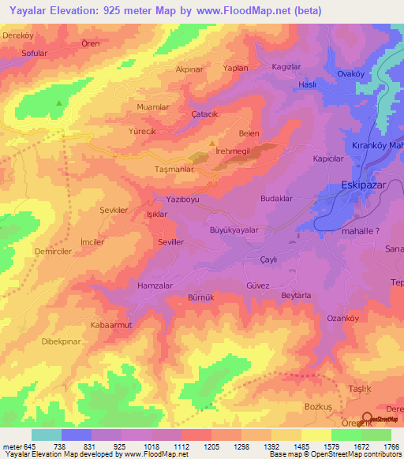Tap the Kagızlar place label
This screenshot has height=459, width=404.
click(x=286, y=67)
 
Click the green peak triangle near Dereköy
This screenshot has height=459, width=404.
click(x=58, y=103)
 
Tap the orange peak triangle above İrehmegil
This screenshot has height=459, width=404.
click(x=212, y=143)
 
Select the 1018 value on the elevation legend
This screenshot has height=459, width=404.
click(x=163, y=446)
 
